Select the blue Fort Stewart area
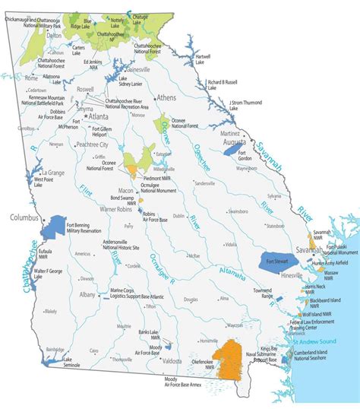pos(278,262)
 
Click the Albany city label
pos(88,293)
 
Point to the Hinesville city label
pos(292,275)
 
